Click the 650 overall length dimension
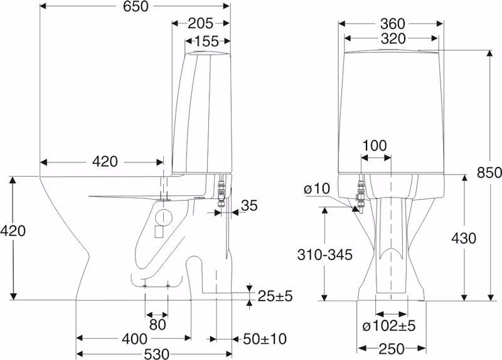pos(136,6)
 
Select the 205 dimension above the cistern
pos(200,23)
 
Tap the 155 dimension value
pos(206,41)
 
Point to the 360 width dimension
pos(393,24)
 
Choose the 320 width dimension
pos(393,39)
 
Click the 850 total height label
pos(489,172)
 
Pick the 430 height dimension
pos(464,238)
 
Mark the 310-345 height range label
pos(324,255)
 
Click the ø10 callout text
pos(317,189)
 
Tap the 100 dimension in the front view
pos(375,146)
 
